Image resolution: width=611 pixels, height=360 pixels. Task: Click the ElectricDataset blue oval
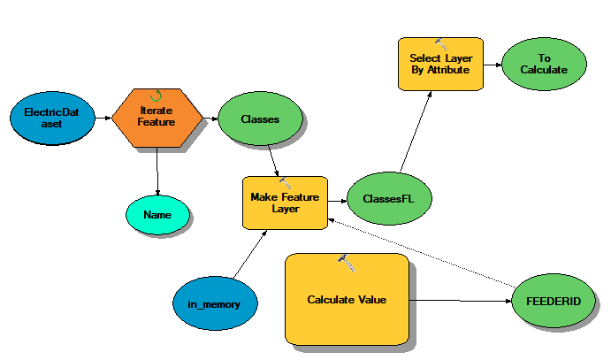coord(50,119)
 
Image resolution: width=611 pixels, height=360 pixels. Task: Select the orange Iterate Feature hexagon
coord(156,119)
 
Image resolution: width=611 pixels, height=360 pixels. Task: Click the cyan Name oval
coord(157,214)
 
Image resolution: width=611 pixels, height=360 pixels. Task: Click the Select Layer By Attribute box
coord(439,63)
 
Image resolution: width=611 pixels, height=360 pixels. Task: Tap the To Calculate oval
coord(544,64)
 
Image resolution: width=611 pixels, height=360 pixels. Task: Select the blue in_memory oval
coord(215,303)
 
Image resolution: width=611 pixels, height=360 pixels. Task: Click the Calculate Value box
coord(347,300)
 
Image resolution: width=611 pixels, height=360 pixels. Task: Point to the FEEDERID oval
coord(558,301)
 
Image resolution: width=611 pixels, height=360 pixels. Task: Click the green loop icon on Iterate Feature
coord(157,95)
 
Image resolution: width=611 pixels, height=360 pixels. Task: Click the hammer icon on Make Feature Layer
coord(285,181)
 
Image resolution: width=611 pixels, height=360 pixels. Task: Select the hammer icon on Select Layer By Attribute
coord(439,42)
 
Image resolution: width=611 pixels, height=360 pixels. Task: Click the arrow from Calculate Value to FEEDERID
coord(460,300)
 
